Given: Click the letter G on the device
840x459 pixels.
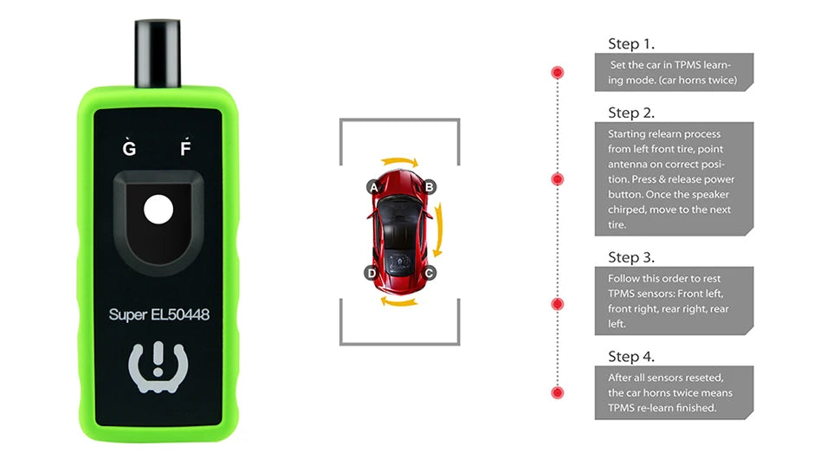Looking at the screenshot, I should [130, 147].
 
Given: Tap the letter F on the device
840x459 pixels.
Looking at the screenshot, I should [184, 147].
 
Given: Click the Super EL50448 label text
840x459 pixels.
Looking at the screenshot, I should [159, 314].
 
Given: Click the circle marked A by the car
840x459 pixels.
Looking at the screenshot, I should [374, 186].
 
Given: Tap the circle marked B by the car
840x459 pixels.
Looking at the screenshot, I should [430, 186].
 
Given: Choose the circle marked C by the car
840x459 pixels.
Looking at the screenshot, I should [430, 273].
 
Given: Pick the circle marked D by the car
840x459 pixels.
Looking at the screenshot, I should [372, 273].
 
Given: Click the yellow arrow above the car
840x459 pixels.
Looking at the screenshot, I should [401, 162].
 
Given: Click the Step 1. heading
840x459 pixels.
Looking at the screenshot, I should [630, 44].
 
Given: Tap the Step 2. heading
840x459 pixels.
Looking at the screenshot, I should [630, 113].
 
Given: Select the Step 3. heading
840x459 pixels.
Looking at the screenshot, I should [630, 257].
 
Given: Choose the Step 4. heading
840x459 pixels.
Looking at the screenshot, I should [630, 357].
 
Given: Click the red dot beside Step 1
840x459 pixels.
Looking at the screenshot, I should [558, 72].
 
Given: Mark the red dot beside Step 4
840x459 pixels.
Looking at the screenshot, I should [558, 392].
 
